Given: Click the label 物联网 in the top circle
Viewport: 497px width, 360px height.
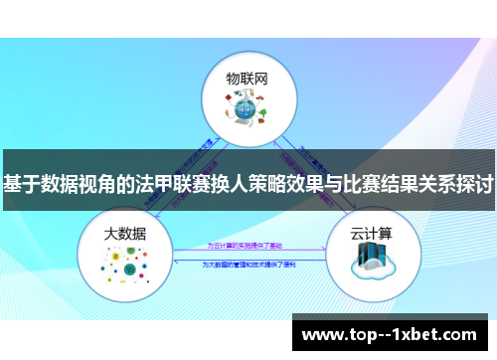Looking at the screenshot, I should pos(248,77).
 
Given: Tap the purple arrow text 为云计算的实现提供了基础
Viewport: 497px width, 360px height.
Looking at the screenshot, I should pos(247,245).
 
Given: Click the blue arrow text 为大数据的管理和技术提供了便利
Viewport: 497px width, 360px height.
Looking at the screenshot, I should pos(248,265).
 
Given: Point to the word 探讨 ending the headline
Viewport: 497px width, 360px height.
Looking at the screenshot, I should pos(475,185).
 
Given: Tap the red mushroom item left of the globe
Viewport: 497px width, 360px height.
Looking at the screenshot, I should pos(227,110).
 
